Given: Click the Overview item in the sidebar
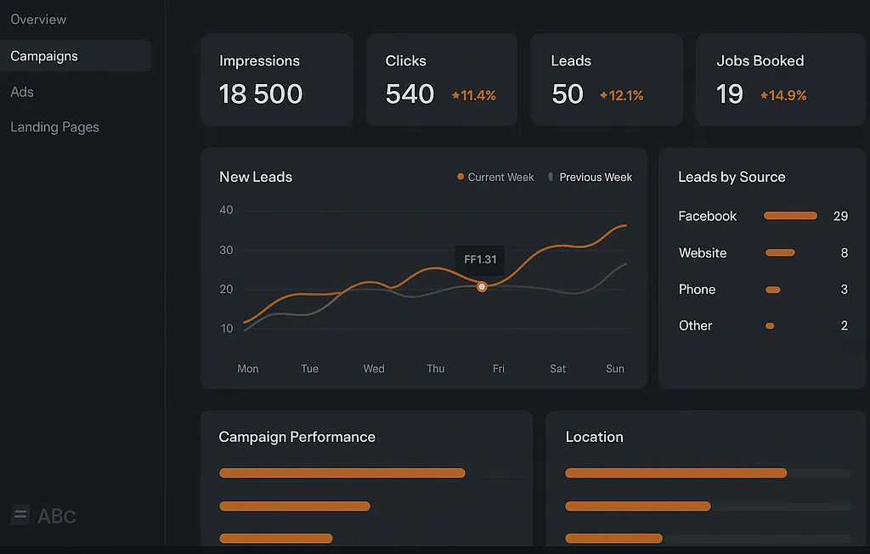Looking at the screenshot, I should tap(38, 20).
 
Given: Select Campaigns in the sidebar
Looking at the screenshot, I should tap(44, 56).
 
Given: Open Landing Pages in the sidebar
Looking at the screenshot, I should tap(54, 127).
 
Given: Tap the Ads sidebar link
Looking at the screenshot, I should tap(22, 92).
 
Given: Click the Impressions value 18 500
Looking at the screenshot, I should tap(261, 94).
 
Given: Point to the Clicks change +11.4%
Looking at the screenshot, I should tap(474, 96).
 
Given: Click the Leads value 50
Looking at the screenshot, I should tap(568, 94).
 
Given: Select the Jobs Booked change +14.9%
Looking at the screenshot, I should tap(783, 96).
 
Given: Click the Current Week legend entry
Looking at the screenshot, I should tap(495, 178).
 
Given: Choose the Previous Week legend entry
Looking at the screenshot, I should tap(591, 178).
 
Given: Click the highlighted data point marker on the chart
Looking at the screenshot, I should tap(482, 287).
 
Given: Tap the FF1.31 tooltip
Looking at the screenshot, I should tap(480, 260).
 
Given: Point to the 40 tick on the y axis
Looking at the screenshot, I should tap(226, 211).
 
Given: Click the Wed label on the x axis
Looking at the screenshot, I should tap(374, 369).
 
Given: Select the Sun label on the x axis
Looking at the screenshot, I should tap(615, 369).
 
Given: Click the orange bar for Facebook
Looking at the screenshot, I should tap(790, 216).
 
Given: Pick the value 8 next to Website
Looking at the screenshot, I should tap(845, 253).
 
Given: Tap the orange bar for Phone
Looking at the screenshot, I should tap(772, 290).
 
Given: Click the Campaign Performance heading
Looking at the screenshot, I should tap(297, 438).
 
